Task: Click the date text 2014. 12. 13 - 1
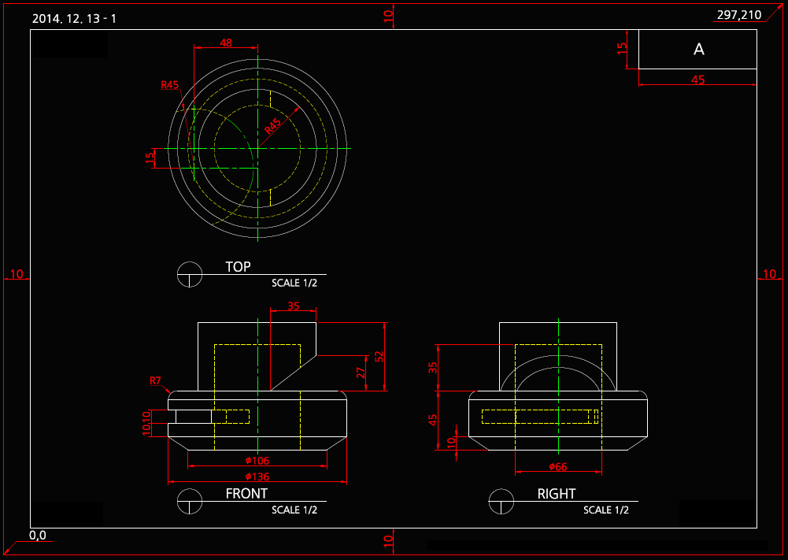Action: (74, 18)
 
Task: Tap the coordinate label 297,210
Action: (739, 15)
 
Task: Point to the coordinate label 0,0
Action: (38, 536)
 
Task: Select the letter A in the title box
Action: (698, 50)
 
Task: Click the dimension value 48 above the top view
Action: (226, 43)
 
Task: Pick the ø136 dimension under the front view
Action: (257, 477)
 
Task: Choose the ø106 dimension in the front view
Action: (257, 460)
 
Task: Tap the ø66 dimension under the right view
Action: (557, 467)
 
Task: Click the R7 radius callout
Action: (156, 381)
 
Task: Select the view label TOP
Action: (238, 267)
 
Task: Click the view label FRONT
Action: (246, 494)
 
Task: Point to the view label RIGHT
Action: (557, 494)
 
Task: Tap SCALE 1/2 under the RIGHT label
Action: (606, 510)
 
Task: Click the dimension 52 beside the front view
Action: (379, 356)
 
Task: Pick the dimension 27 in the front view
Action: (361, 372)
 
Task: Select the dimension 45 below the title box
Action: (697, 80)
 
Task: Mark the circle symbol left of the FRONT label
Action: (190, 501)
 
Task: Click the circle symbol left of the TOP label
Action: (190, 274)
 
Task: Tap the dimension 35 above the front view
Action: (293, 306)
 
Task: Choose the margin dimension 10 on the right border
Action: (769, 274)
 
